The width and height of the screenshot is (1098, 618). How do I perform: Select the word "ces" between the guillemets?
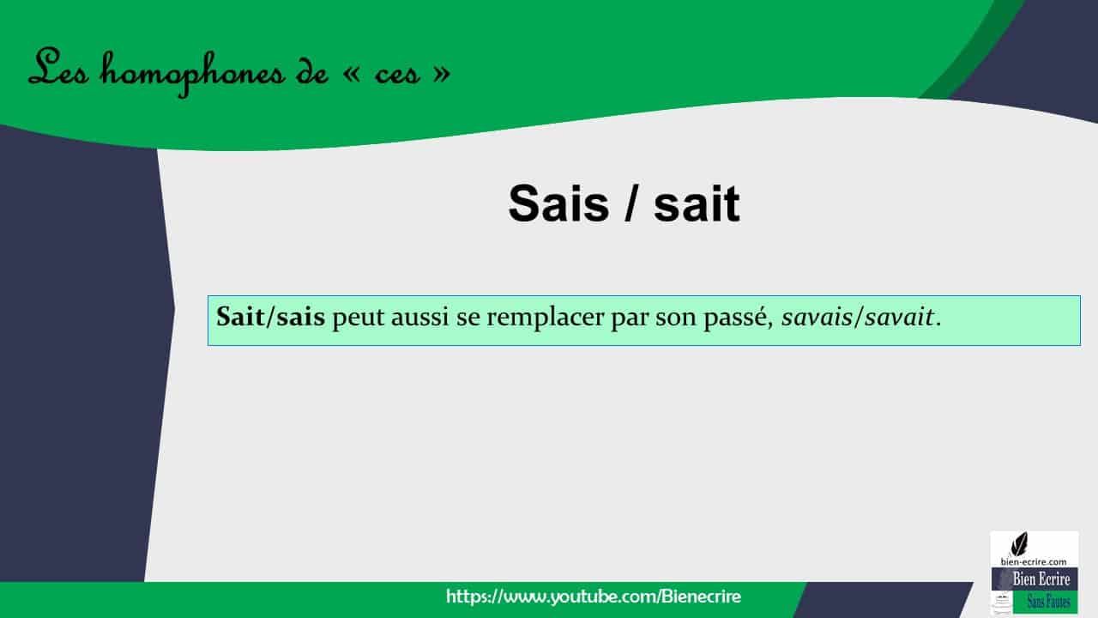(397, 76)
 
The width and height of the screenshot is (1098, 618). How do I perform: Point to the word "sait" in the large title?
(696, 204)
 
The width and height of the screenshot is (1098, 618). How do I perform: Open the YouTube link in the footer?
(593, 596)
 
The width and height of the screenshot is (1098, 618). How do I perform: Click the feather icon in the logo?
(1019, 544)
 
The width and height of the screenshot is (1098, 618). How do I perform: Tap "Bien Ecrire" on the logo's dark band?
(1041, 579)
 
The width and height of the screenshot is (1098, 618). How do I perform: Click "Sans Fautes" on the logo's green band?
(1047, 602)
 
